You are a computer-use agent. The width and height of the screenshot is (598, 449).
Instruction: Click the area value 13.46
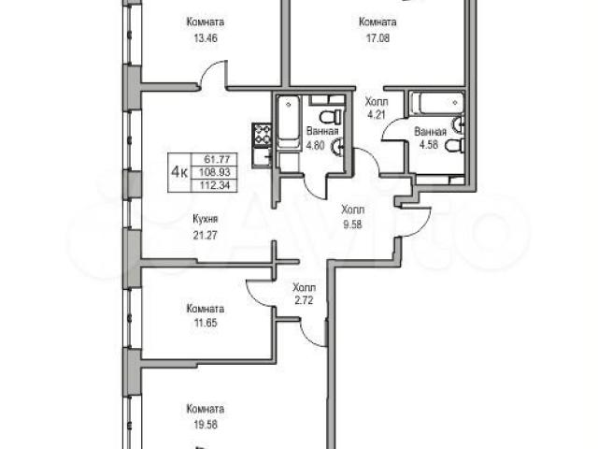206,38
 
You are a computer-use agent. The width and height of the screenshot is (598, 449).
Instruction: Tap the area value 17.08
377,38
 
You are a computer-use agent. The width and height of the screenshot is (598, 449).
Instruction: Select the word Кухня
206,219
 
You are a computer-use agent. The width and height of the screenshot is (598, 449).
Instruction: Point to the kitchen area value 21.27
206,235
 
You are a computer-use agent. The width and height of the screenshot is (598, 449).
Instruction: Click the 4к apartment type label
178,172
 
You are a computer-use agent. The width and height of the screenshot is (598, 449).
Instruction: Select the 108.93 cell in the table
215,172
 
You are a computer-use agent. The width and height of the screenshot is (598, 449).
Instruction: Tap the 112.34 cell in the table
215,186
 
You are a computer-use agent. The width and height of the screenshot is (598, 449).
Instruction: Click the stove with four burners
262,135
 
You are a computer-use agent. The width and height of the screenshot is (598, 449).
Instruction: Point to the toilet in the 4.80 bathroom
330,117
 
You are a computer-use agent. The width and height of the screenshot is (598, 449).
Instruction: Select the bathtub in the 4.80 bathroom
289,122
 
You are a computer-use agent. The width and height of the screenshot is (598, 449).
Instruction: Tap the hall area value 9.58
353,224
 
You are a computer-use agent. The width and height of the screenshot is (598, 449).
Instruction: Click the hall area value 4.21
377,114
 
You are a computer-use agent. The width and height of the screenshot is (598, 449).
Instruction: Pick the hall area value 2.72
304,300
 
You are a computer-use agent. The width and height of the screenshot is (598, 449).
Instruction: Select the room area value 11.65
206,324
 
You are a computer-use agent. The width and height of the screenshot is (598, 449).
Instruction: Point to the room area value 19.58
206,424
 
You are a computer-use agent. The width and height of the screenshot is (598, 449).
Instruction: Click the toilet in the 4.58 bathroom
455,146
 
